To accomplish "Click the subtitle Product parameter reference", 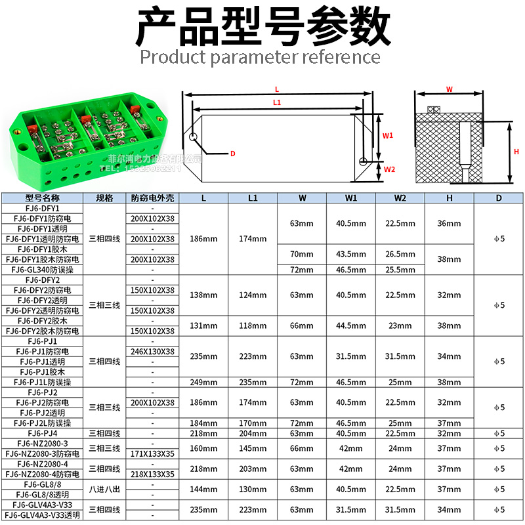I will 261,57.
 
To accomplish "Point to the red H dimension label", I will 516,152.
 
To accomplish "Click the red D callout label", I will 232,154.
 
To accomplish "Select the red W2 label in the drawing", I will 389,169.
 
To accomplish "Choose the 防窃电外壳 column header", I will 152,198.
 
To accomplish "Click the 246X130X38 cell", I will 152,352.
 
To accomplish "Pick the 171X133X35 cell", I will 152,453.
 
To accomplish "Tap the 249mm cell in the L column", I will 203,382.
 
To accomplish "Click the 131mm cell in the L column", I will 203,325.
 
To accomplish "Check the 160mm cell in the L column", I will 203,449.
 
